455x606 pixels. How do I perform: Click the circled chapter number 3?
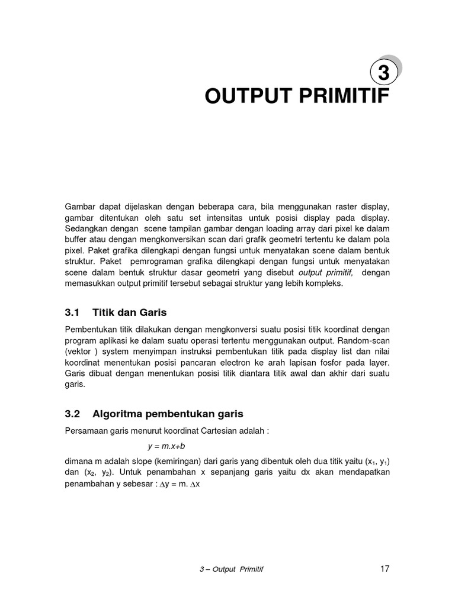click(383, 73)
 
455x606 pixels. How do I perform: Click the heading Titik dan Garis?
click(130, 312)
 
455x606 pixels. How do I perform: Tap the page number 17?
click(384, 569)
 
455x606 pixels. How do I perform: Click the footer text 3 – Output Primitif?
click(231, 570)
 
